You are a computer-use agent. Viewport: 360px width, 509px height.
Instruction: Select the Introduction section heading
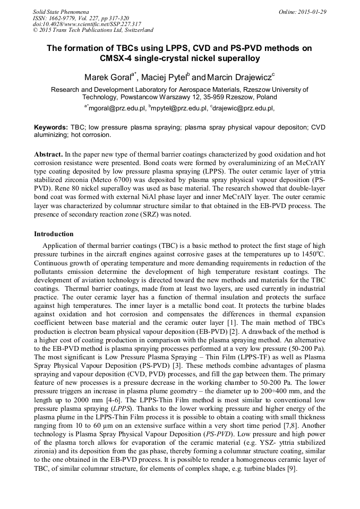(x=54, y=234)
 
